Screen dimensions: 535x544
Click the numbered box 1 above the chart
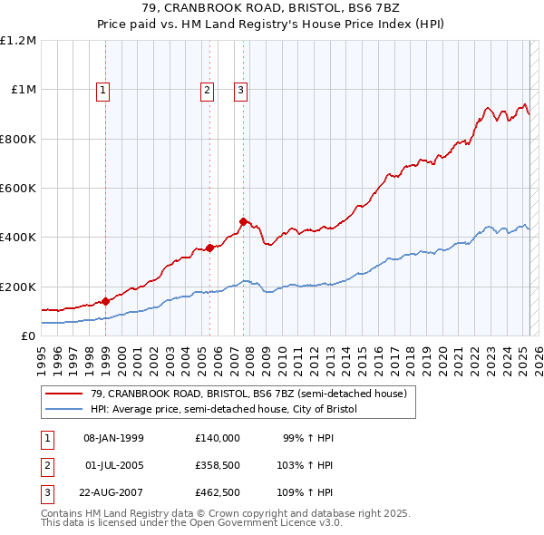click(103, 90)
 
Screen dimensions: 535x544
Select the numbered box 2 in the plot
click(208, 90)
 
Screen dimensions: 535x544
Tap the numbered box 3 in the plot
click(241, 90)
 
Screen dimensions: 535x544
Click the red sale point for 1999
click(106, 301)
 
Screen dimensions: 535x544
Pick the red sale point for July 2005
click(209, 247)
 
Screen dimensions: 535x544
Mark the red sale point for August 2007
click(244, 221)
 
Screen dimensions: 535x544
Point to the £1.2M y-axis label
click(18, 41)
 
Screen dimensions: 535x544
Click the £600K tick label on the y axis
click(18, 189)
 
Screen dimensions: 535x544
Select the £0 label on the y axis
click(27, 336)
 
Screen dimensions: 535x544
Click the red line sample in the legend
click(63, 394)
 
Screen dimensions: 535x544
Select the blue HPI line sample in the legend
click(63, 409)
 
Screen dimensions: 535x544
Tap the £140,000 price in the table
click(218, 438)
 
